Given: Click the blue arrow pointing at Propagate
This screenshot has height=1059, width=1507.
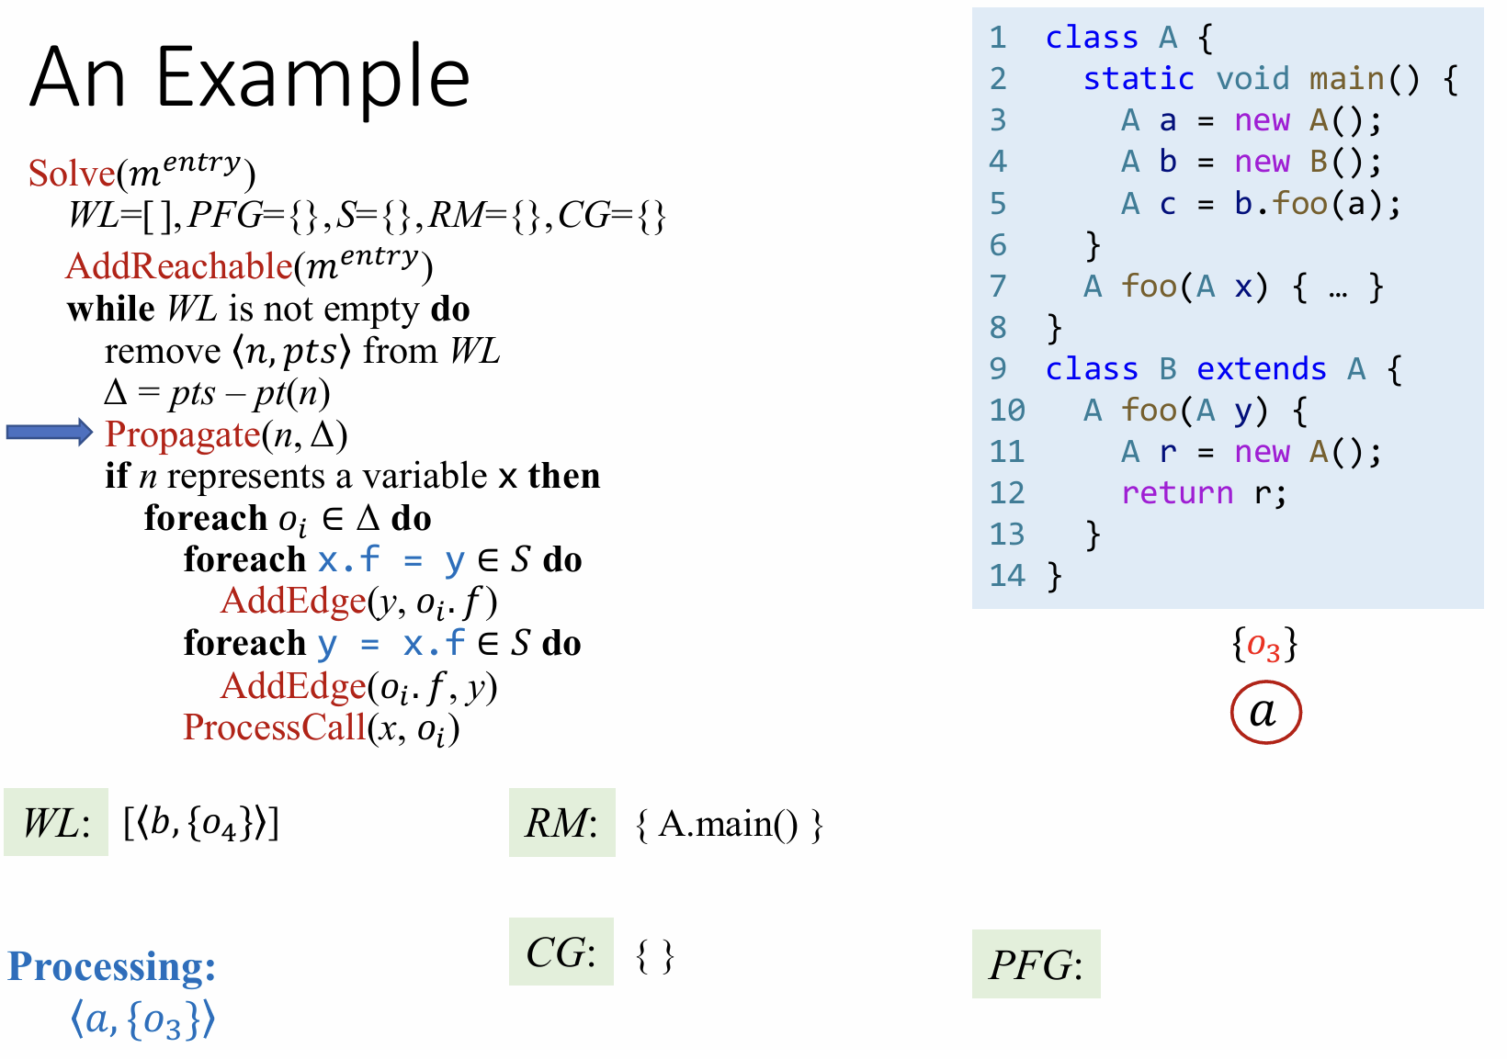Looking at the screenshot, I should [49, 432].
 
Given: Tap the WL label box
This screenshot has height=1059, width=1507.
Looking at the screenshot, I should [56, 822].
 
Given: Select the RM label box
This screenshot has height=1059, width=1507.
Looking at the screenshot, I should [561, 822].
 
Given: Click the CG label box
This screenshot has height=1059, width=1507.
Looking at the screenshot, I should [561, 952].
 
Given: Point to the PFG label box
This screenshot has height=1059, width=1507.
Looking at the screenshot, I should [1036, 964].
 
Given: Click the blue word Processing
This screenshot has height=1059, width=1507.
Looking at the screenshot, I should [111, 966].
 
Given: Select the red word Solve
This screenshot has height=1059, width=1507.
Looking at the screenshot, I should [72, 173].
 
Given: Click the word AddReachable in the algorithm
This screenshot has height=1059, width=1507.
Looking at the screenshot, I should [179, 265].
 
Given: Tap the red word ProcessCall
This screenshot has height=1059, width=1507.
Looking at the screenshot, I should [275, 727].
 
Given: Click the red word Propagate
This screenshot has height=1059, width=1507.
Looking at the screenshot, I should [183, 434].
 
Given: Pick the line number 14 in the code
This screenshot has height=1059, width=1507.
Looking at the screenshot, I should [1007, 576].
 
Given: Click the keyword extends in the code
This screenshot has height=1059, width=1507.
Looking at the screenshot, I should [1261, 369].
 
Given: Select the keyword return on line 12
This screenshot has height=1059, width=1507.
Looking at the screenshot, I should [1177, 493].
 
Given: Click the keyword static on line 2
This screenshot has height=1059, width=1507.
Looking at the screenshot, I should [1139, 79].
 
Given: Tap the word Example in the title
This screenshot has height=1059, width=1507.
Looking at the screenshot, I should [312, 77].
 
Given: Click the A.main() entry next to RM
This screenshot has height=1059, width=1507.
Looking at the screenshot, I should [729, 824].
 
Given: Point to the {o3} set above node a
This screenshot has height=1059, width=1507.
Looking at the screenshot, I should [1264, 645].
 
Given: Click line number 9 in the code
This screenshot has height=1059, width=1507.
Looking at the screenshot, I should [998, 369].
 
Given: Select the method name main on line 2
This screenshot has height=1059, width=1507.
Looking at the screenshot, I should [1346, 79].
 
